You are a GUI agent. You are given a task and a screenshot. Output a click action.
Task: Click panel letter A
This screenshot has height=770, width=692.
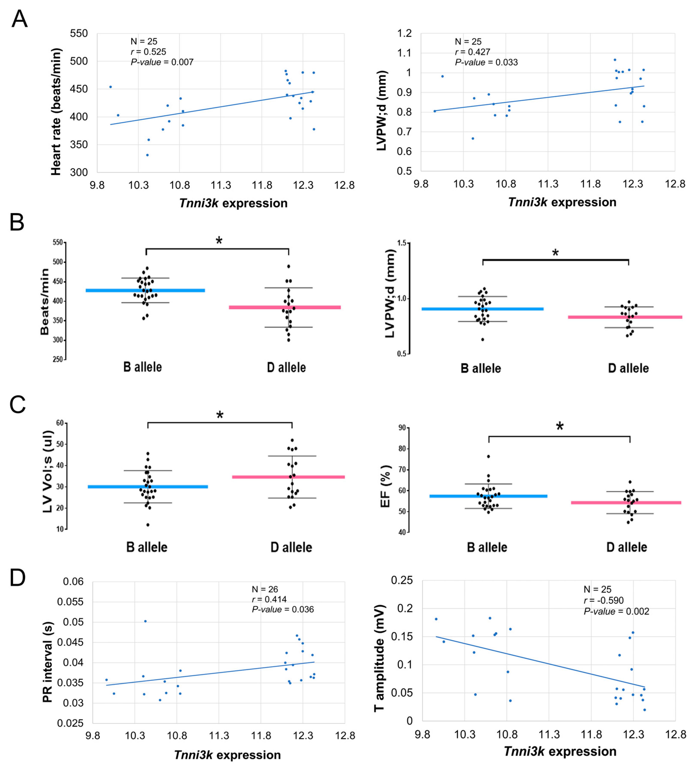coord(19,19)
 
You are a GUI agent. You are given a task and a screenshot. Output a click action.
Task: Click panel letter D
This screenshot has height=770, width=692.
coord(18,578)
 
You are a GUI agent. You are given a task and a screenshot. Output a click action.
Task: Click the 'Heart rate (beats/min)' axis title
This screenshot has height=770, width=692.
coord(56,112)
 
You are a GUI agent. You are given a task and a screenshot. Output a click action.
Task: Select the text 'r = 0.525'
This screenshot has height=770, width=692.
coord(148,52)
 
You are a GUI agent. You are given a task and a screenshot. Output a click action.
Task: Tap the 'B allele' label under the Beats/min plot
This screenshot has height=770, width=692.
coord(143,367)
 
